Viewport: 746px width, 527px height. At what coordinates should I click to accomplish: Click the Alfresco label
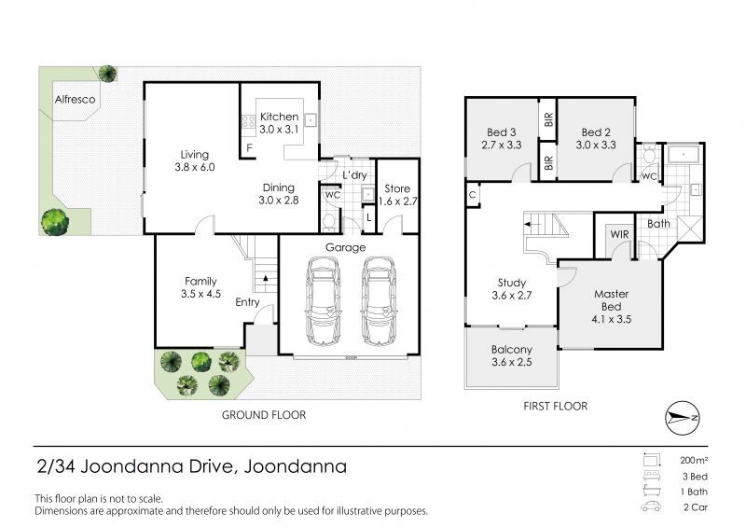[x=75, y=100]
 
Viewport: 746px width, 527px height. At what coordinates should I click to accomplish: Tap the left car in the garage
[x=323, y=301]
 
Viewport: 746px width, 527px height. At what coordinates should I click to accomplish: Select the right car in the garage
[x=379, y=301]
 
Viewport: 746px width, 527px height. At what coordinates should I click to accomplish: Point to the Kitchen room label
[x=279, y=117]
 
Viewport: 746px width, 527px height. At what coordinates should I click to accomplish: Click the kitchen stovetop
[x=248, y=122]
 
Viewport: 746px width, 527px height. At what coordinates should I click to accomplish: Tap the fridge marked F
[x=249, y=148]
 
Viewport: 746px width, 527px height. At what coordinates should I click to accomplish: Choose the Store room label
[x=397, y=188]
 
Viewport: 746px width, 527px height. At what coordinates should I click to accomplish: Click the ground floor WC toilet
[x=329, y=222]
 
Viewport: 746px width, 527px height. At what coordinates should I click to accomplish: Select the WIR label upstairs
[x=619, y=234]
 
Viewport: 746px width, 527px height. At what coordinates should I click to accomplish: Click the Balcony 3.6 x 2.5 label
[x=511, y=355]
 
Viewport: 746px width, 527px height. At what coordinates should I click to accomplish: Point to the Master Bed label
[x=612, y=300]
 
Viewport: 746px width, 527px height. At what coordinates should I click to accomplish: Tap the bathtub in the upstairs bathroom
[x=684, y=154]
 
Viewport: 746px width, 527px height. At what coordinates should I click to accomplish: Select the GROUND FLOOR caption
[x=264, y=415]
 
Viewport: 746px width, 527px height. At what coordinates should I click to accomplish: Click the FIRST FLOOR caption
[x=555, y=406]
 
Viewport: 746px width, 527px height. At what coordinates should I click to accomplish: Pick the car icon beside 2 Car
[x=650, y=506]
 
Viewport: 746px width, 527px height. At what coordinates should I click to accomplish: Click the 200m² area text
[x=694, y=461]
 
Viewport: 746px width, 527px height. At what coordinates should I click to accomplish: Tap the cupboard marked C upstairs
[x=473, y=195]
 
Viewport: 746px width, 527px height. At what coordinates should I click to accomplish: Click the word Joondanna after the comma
[x=295, y=466]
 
